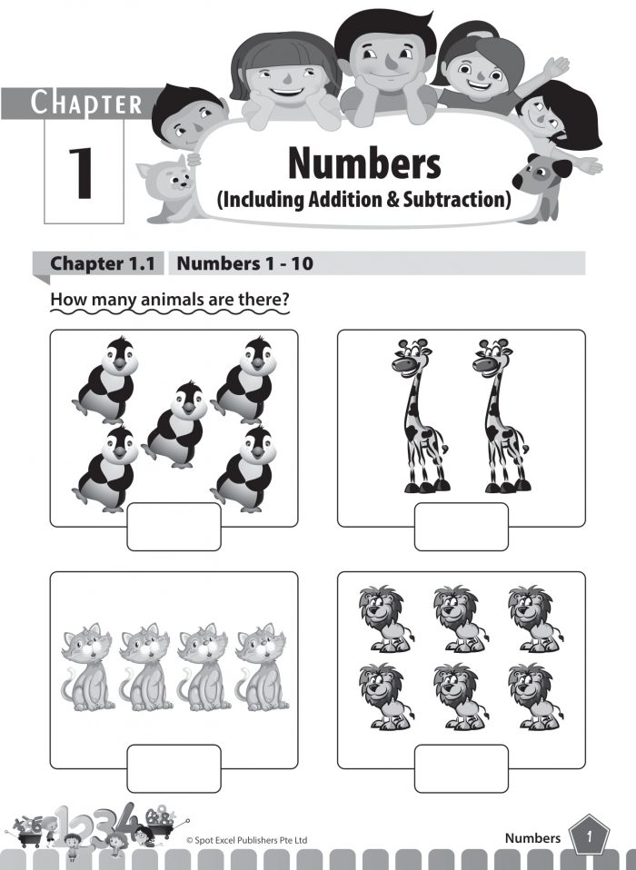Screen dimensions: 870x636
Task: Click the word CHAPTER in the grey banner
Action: (x=86, y=103)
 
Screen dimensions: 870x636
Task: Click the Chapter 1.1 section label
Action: (x=102, y=264)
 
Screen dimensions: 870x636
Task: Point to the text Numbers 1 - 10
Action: (x=246, y=264)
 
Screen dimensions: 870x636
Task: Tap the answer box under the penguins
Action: (x=174, y=526)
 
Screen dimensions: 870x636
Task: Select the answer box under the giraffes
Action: (x=461, y=526)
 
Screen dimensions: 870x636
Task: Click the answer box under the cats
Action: (x=174, y=767)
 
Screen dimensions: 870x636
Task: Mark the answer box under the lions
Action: (x=461, y=767)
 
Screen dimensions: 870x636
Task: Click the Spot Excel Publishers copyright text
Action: (x=246, y=840)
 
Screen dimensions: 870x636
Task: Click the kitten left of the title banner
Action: (x=166, y=188)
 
